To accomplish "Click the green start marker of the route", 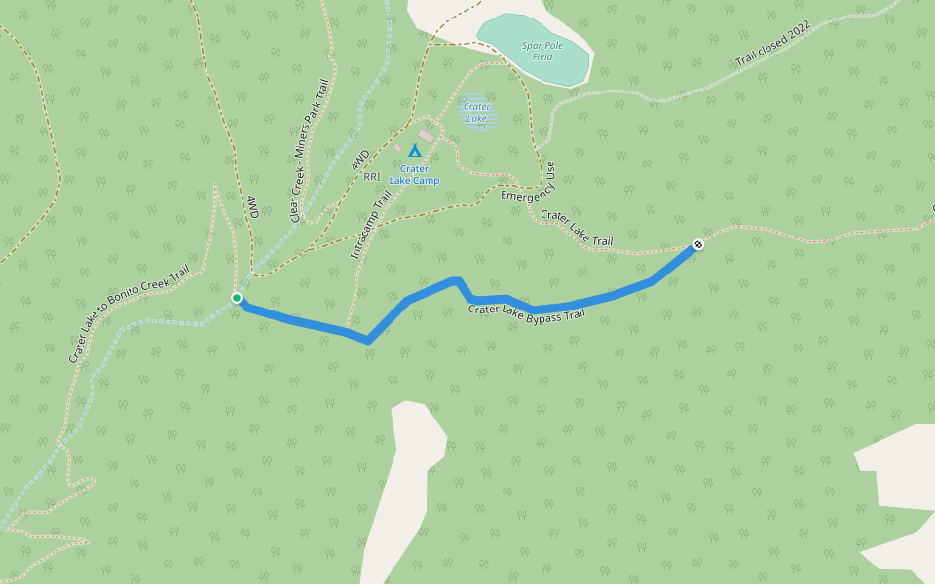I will (237, 298).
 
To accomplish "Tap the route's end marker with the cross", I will (698, 244).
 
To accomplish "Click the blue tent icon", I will (415, 151).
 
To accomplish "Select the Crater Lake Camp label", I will (414, 175).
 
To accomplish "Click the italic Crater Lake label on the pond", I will (476, 113).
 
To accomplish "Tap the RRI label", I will (371, 177).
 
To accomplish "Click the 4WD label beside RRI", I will (360, 161).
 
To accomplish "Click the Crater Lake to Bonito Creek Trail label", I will (128, 315).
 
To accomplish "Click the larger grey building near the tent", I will (427, 137).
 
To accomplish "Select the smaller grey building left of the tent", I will (397, 148).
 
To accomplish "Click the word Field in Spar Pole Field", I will (543, 57).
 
